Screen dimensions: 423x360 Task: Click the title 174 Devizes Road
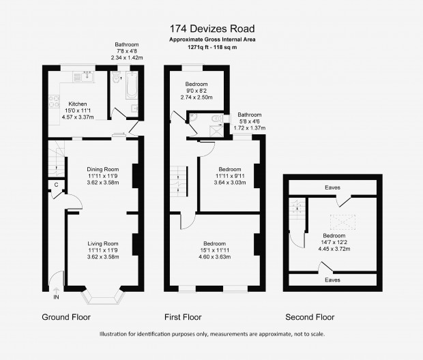tap(212, 29)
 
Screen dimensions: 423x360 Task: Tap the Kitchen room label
tap(78, 104)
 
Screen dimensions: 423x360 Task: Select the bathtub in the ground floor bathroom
tap(132, 85)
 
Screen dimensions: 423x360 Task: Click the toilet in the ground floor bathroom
tap(116, 77)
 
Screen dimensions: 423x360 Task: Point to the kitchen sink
tap(83, 76)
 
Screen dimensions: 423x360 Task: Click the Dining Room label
tap(103, 169)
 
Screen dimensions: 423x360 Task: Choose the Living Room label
tap(103, 243)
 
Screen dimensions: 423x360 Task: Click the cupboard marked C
tap(57, 185)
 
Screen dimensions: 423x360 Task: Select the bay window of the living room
tap(103, 297)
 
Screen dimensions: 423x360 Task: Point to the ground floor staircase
tap(57, 159)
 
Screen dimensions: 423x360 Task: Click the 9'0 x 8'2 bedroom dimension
tap(196, 91)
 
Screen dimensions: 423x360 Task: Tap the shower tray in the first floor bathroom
tap(216, 131)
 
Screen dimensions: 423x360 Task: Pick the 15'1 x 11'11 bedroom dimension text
tap(214, 250)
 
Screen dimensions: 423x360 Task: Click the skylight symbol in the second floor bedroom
tap(342, 222)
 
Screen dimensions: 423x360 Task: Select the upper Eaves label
tap(332, 187)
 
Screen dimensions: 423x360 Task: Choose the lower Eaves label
tap(332, 280)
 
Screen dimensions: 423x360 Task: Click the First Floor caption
tap(183, 317)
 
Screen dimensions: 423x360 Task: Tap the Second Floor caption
tap(310, 317)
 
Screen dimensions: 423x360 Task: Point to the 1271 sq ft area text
tap(199, 47)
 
